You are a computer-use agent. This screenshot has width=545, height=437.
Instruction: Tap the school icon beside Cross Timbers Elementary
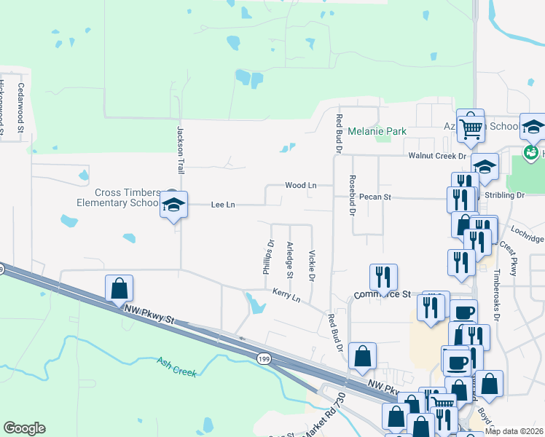pyautogui.click(x=173, y=205)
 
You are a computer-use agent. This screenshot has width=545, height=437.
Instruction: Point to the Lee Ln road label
pyautogui.click(x=222, y=205)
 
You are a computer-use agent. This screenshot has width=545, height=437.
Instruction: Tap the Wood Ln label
pyautogui.click(x=300, y=186)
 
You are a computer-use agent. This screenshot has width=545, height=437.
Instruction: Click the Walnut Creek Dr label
pyautogui.click(x=436, y=156)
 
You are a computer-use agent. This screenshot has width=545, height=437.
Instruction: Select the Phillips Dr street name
pyautogui.click(x=267, y=258)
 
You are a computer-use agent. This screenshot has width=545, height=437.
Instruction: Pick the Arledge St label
pyautogui.click(x=289, y=259)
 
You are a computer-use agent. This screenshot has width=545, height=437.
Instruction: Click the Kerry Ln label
pyautogui.click(x=286, y=295)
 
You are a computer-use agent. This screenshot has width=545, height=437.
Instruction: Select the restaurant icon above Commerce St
pyautogui.click(x=383, y=276)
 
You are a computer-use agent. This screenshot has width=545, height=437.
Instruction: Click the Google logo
pyautogui.click(x=24, y=428)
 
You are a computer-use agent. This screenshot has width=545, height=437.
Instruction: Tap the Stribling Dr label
pyautogui.click(x=509, y=196)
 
